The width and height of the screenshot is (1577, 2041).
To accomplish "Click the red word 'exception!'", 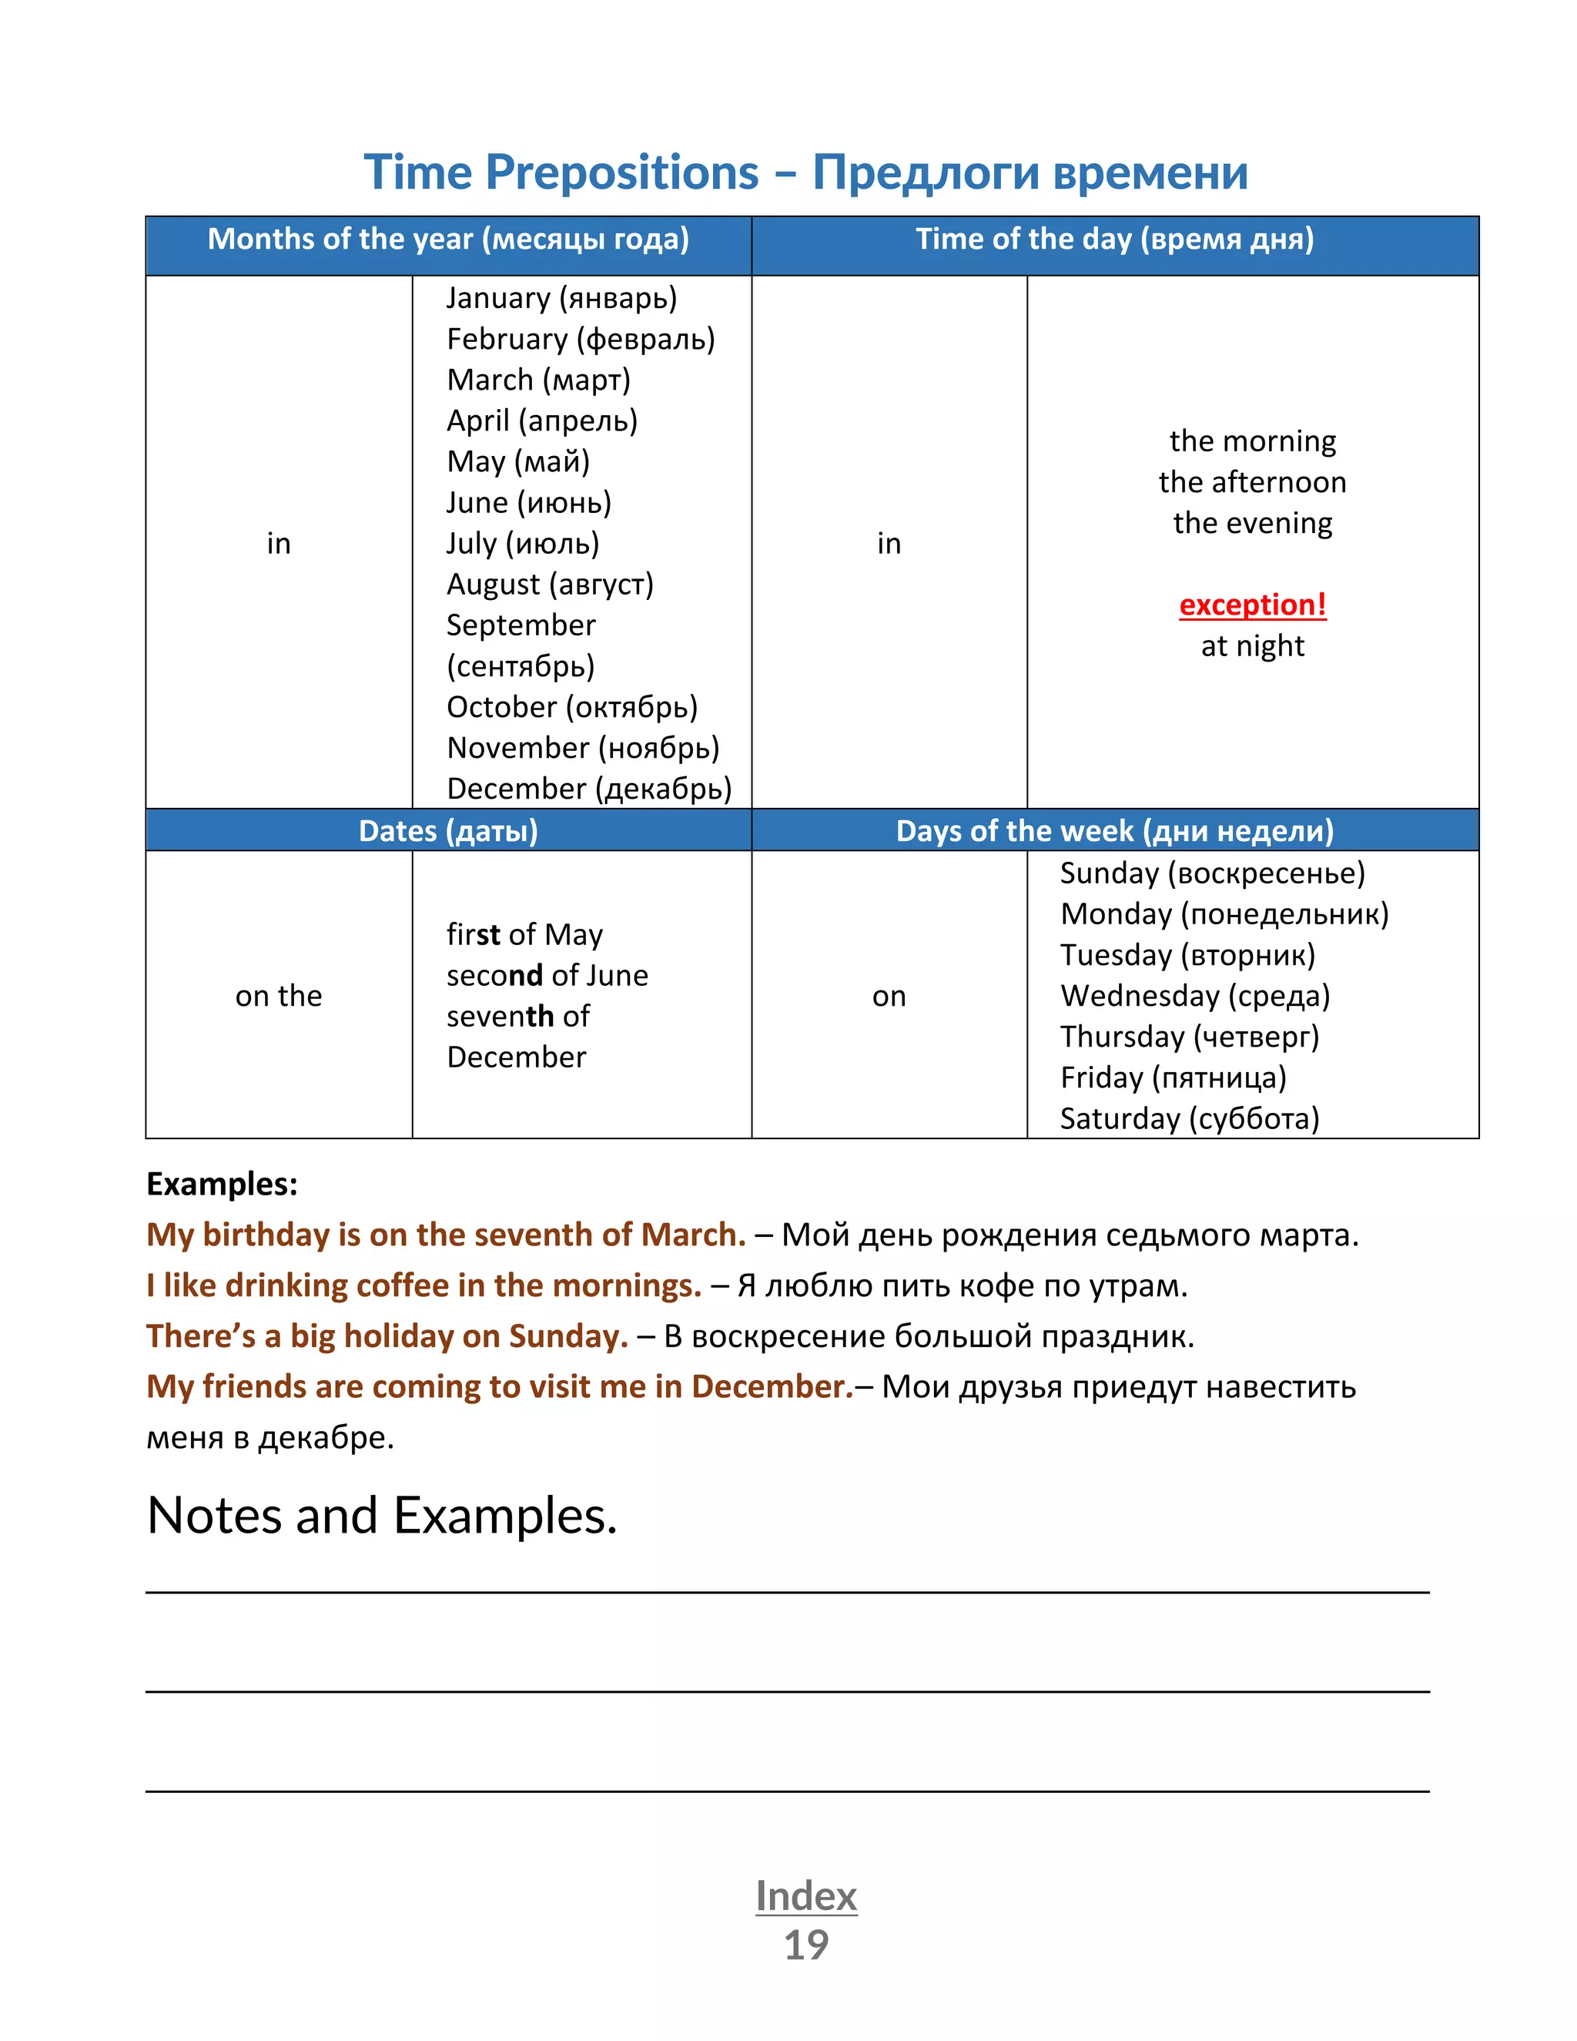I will pos(1252,605).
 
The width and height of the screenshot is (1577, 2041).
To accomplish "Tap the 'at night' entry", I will pos(1252,645).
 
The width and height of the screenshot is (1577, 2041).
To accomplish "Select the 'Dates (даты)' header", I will pos(448,831).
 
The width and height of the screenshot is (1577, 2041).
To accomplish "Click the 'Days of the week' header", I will pos(1113,831).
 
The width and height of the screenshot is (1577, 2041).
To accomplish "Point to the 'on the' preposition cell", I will pos(279,995).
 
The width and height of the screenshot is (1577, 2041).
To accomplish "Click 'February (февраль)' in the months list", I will pos(580,339).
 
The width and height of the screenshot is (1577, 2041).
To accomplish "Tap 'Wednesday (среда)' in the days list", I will pos(1195,995).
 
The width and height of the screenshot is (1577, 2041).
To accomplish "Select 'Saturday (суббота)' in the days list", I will pos(1189,1118).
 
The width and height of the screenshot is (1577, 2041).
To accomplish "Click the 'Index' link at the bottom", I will pos(805,1896).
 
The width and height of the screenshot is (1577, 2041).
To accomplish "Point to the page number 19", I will pos(805,1945).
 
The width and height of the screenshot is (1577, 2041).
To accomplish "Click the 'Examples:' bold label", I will pos(223,1184).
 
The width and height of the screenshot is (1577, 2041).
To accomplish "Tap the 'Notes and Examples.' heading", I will pos(382,1515).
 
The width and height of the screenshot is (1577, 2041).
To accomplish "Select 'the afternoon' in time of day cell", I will pos(1252,482).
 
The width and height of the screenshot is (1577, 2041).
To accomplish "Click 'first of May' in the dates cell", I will pos(524,934).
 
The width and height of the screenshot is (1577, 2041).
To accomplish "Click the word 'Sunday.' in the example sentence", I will pos(568,1336).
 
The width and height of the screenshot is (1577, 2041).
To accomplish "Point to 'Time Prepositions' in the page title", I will pos(561,173).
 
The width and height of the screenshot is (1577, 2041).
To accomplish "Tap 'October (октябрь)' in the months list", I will pos(572,708).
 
